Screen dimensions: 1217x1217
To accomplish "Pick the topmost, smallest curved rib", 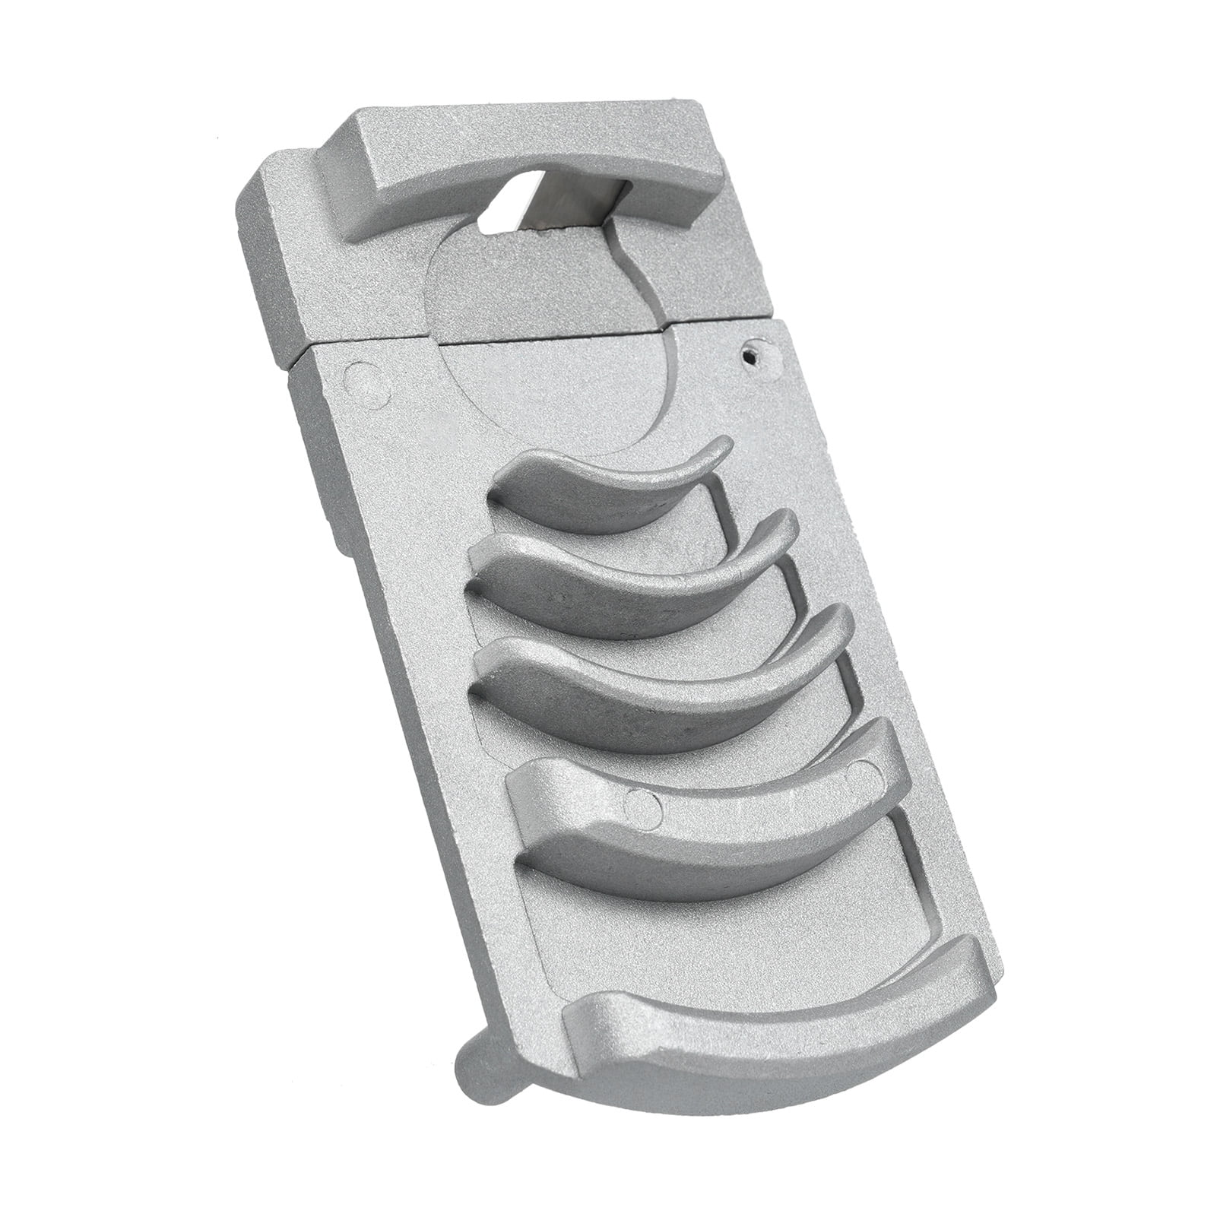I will point(601,486).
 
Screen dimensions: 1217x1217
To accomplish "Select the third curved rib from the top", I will point(654,669).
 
